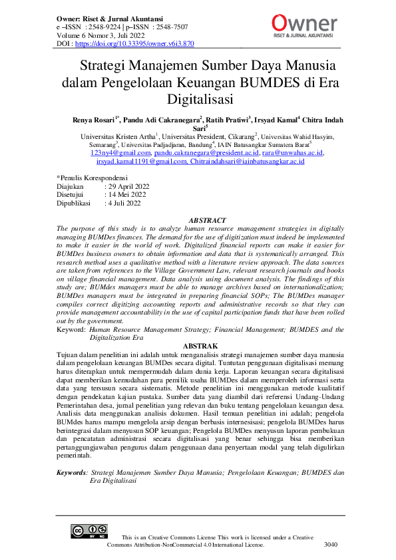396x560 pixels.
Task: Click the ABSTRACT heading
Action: point(207,219)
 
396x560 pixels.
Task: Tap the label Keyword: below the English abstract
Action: point(71,330)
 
